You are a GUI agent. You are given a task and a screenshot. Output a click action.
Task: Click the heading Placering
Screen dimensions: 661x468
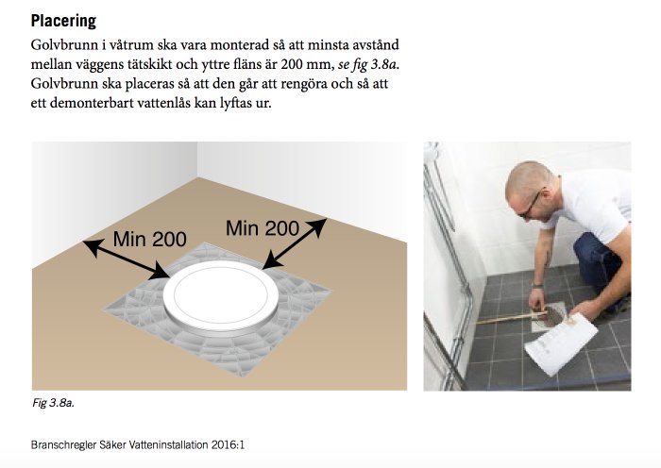click(x=63, y=21)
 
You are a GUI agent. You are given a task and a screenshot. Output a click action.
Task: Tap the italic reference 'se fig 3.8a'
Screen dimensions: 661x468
click(x=368, y=65)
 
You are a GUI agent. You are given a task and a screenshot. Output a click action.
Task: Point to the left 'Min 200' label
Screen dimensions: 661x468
click(x=149, y=240)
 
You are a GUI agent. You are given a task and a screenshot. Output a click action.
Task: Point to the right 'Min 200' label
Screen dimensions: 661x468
click(x=263, y=228)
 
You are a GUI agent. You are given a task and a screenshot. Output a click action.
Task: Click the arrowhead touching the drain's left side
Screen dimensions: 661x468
click(x=161, y=271)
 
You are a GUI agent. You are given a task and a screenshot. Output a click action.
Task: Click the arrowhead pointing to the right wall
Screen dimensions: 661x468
click(x=317, y=226)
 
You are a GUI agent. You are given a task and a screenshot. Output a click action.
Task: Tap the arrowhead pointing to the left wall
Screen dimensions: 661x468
click(x=93, y=247)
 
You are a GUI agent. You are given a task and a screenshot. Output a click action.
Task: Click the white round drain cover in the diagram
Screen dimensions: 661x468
click(x=221, y=295)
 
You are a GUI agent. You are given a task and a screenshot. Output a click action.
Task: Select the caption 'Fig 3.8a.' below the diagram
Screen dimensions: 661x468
click(x=53, y=403)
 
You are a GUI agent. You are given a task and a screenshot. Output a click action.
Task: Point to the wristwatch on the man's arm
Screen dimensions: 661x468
click(x=536, y=286)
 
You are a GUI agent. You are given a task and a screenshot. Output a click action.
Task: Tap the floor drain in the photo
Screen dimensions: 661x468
click(x=549, y=317)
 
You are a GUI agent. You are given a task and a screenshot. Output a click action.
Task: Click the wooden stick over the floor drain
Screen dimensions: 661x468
click(x=512, y=317)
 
